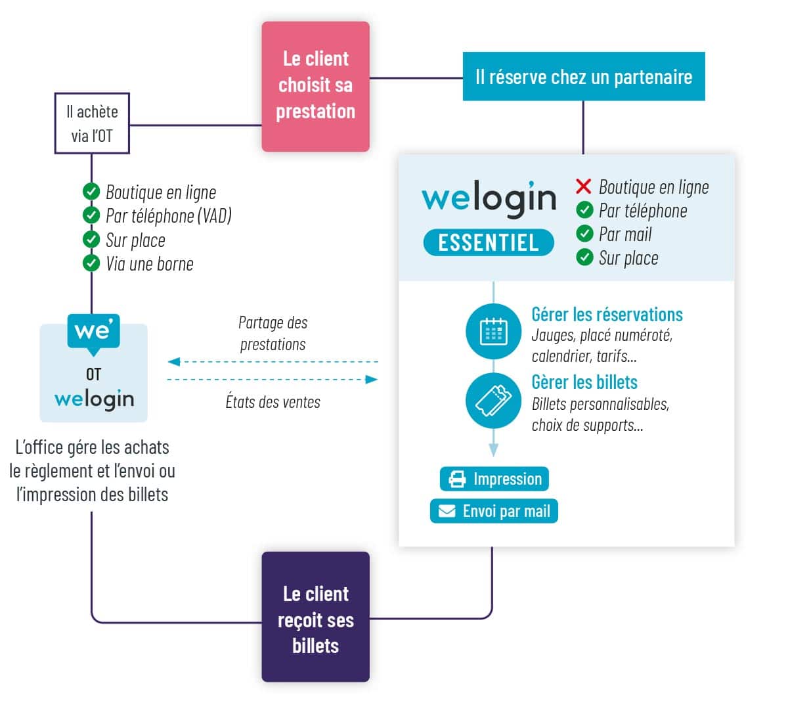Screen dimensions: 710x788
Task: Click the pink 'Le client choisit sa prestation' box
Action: [x=315, y=86]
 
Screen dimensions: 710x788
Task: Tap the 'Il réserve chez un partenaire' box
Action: [x=583, y=77]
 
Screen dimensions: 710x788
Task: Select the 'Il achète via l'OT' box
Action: [x=91, y=123]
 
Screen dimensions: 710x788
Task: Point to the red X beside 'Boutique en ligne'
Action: [x=583, y=187]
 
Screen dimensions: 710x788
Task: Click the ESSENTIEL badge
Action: [x=488, y=242]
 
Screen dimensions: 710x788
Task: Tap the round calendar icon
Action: [x=493, y=332]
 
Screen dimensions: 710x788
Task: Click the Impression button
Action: [x=494, y=479]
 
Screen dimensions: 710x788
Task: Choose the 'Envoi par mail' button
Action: [x=494, y=511]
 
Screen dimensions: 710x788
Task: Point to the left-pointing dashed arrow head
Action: [x=174, y=362]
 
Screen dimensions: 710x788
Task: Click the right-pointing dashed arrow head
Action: [x=372, y=380]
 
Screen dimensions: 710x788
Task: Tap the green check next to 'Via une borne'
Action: [x=91, y=263]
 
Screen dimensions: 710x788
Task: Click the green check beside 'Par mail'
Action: [x=584, y=234]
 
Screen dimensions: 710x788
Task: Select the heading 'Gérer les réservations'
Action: [x=607, y=315]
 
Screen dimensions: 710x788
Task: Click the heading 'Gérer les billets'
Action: [x=584, y=382]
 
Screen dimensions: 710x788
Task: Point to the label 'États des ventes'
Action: [x=273, y=402]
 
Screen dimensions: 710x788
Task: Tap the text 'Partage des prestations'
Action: [x=273, y=333]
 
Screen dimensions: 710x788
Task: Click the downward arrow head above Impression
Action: [x=494, y=450]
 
